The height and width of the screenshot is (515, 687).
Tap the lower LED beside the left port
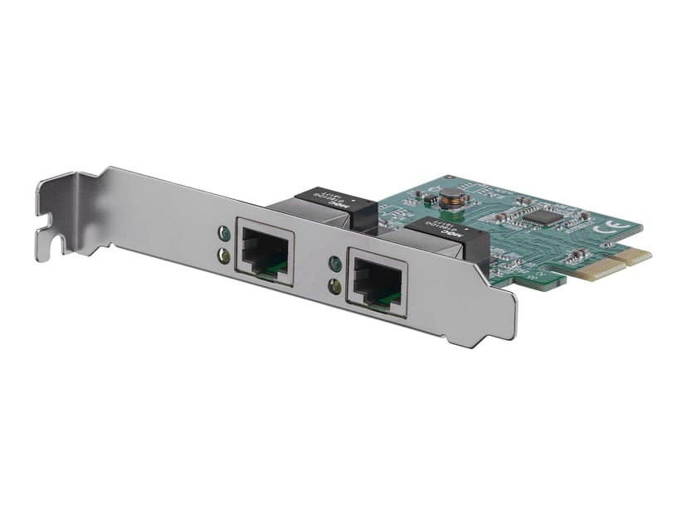point(223,256)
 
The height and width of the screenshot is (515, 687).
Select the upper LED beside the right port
point(335,265)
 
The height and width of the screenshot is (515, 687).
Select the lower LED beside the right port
point(335,288)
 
